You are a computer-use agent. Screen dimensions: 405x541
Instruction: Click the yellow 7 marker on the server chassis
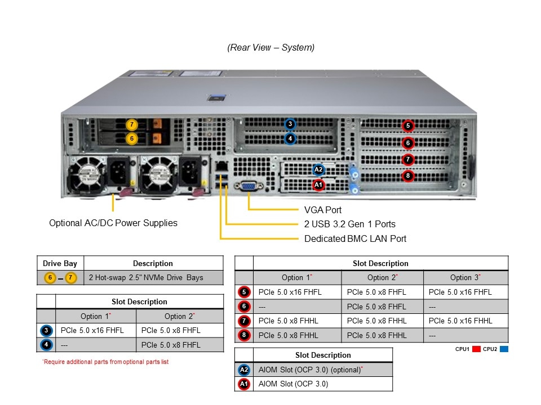point(132,124)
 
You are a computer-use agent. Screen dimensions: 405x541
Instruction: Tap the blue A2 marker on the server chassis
point(318,169)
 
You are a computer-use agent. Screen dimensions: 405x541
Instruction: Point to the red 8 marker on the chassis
point(408,176)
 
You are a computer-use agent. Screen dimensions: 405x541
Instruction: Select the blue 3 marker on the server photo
point(290,124)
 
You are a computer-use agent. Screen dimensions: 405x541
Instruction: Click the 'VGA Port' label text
point(323,210)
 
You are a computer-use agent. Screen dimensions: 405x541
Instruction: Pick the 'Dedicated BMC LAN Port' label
point(355,238)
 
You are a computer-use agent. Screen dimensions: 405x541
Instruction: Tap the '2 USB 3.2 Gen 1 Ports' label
point(349,224)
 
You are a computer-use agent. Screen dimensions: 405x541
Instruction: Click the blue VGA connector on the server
point(247,187)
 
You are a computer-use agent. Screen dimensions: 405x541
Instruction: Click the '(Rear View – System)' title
point(271,48)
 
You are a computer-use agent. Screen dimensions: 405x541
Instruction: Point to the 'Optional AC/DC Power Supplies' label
point(113,223)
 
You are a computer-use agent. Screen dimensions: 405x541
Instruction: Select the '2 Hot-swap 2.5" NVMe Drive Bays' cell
point(146,277)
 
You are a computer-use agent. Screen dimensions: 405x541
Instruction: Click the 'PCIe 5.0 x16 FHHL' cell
point(460,321)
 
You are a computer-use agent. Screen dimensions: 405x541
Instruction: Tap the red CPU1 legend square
point(476,349)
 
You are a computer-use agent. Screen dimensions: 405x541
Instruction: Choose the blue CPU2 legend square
point(504,349)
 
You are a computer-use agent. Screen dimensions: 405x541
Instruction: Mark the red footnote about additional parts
point(105,362)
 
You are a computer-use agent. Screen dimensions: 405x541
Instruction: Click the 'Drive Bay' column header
point(60,263)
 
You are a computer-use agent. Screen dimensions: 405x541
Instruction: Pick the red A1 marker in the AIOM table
point(243,384)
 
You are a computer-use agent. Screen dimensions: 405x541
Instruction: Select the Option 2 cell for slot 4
point(171,345)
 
